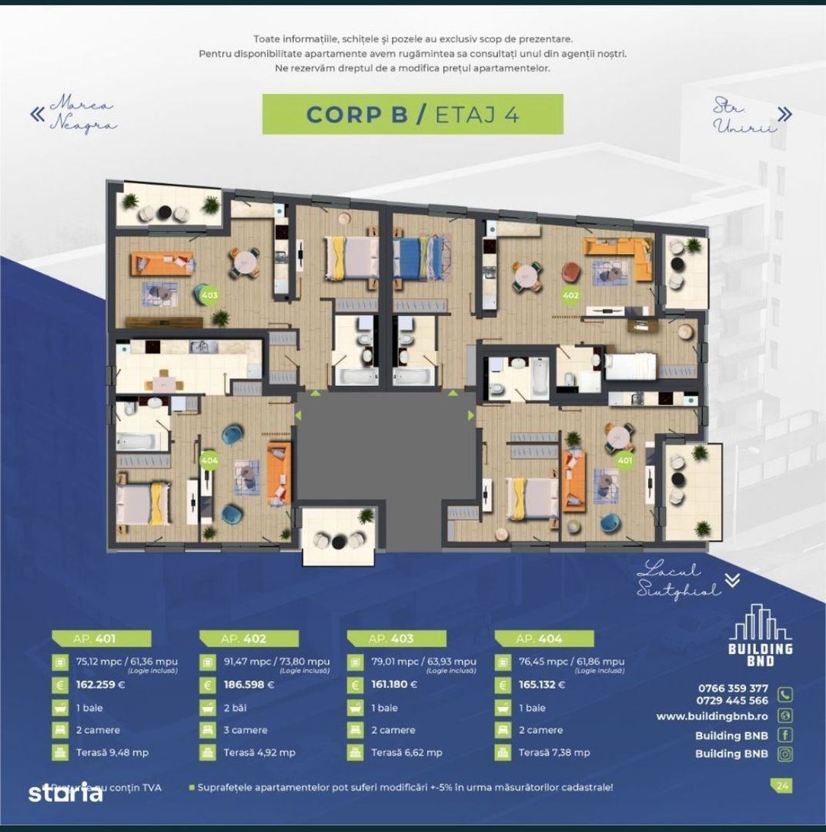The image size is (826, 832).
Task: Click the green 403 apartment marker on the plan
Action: (209, 294)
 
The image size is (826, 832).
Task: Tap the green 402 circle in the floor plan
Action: (570, 294)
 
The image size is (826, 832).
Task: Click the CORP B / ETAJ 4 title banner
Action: (413, 114)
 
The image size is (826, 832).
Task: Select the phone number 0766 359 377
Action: (732, 688)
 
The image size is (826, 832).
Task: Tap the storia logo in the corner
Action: (65, 792)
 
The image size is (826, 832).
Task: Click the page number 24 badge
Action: (782, 787)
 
